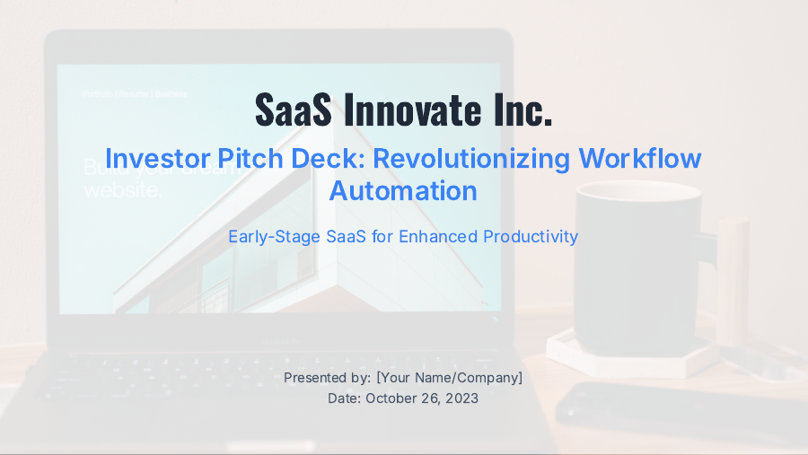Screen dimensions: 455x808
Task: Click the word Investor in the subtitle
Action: click(x=158, y=159)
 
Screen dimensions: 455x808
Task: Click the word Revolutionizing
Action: click(x=471, y=159)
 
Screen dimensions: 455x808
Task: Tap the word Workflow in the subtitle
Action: click(x=640, y=159)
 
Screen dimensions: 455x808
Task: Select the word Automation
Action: click(x=403, y=190)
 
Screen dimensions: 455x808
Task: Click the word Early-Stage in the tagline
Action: click(x=271, y=237)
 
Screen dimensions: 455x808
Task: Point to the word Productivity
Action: click(x=531, y=237)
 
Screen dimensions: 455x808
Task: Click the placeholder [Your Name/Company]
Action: click(x=449, y=378)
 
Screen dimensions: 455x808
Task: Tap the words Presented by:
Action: click(x=328, y=378)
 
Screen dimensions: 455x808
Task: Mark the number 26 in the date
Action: click(x=432, y=398)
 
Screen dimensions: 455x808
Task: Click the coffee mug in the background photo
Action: click(x=633, y=269)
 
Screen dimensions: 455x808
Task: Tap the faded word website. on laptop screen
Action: click(x=123, y=190)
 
